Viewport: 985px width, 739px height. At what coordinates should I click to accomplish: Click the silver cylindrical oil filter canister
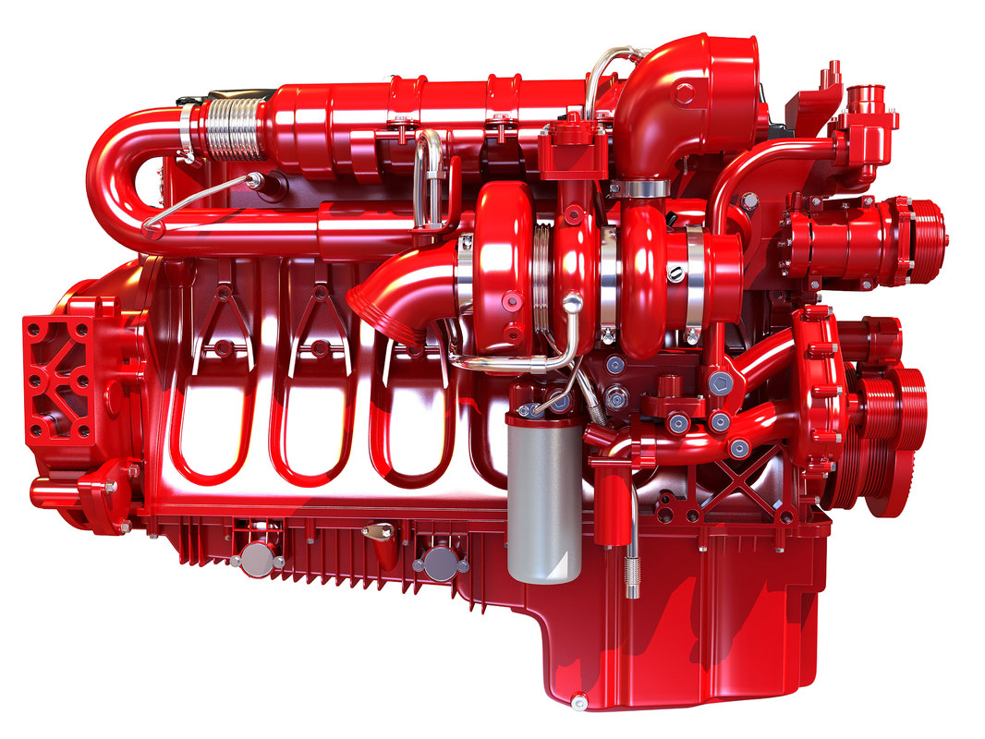(x=544, y=499)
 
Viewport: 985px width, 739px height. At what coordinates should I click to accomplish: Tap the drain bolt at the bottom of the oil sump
(x=578, y=703)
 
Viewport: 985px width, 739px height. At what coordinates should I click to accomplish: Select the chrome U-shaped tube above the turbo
(x=429, y=176)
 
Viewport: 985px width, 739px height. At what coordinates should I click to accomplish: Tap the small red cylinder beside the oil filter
(x=609, y=503)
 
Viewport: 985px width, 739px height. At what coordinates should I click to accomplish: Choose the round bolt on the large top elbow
(x=684, y=92)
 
